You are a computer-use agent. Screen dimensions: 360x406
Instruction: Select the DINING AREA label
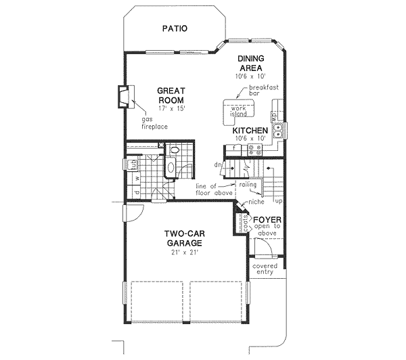[250, 64]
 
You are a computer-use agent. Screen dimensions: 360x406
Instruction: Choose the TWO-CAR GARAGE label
[185, 238]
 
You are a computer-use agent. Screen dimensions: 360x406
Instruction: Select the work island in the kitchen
[240, 110]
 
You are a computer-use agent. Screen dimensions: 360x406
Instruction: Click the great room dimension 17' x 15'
[172, 106]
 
